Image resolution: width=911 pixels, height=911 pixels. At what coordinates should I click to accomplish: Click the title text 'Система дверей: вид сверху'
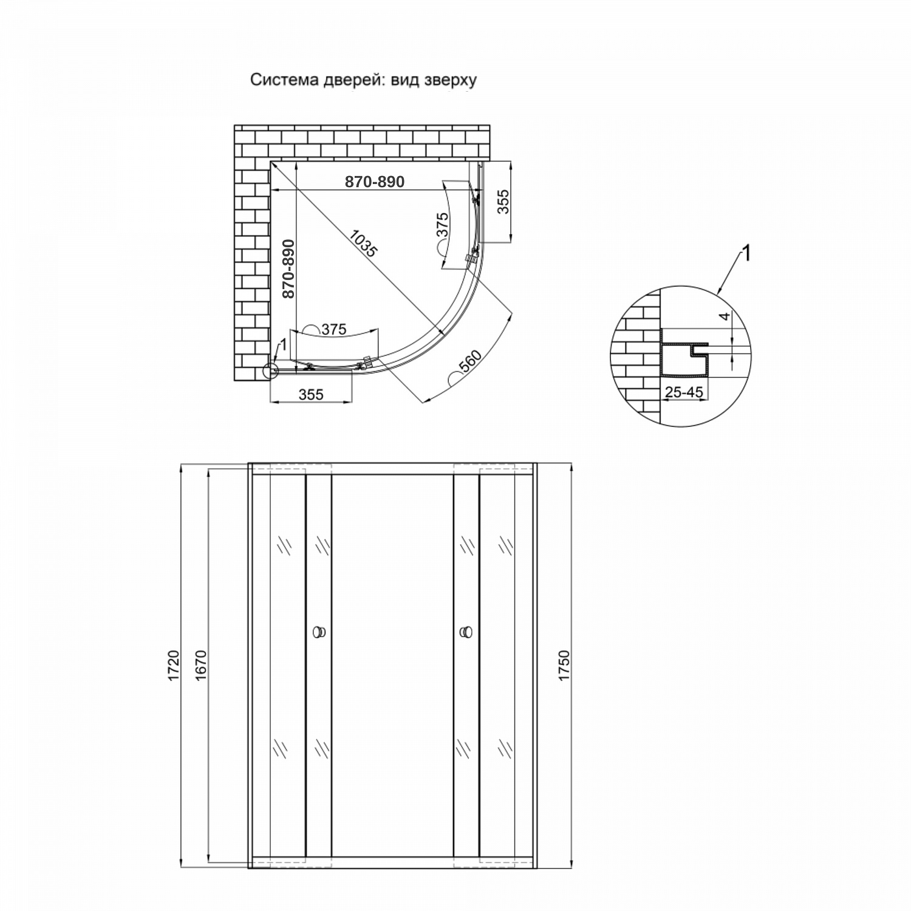click(363, 80)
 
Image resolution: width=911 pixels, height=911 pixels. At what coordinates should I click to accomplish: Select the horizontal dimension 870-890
click(375, 181)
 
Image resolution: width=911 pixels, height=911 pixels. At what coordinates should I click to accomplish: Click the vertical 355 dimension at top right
click(503, 202)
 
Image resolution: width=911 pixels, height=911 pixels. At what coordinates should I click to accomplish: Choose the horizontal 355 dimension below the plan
click(311, 394)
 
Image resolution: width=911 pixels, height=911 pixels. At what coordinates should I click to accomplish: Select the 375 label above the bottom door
click(333, 329)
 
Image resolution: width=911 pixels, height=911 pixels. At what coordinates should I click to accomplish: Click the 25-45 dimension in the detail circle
click(684, 392)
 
